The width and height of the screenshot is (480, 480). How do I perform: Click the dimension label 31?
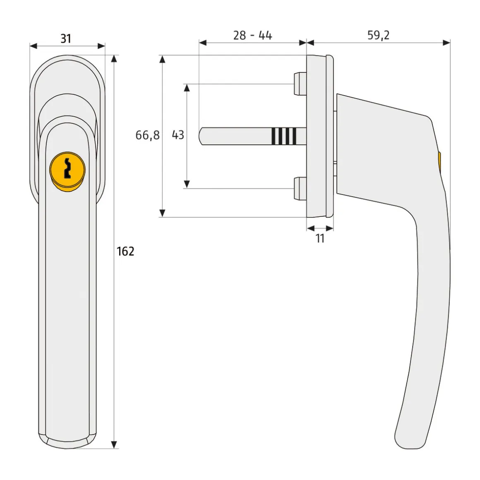[66, 38]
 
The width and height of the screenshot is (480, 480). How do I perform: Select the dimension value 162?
[125, 251]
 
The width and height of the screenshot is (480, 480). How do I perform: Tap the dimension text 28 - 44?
[252, 36]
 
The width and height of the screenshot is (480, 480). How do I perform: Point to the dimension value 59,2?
[378, 36]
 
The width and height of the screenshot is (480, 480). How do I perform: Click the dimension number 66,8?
[147, 135]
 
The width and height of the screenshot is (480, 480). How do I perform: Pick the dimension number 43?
[178, 135]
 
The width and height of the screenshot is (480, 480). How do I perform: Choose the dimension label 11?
[320, 238]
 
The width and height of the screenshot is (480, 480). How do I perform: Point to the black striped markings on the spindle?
[284, 136]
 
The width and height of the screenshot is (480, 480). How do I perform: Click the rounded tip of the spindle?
[202, 136]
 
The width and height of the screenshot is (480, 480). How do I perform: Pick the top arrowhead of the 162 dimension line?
[115, 59]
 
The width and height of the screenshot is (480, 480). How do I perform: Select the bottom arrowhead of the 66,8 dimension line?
[163, 213]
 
